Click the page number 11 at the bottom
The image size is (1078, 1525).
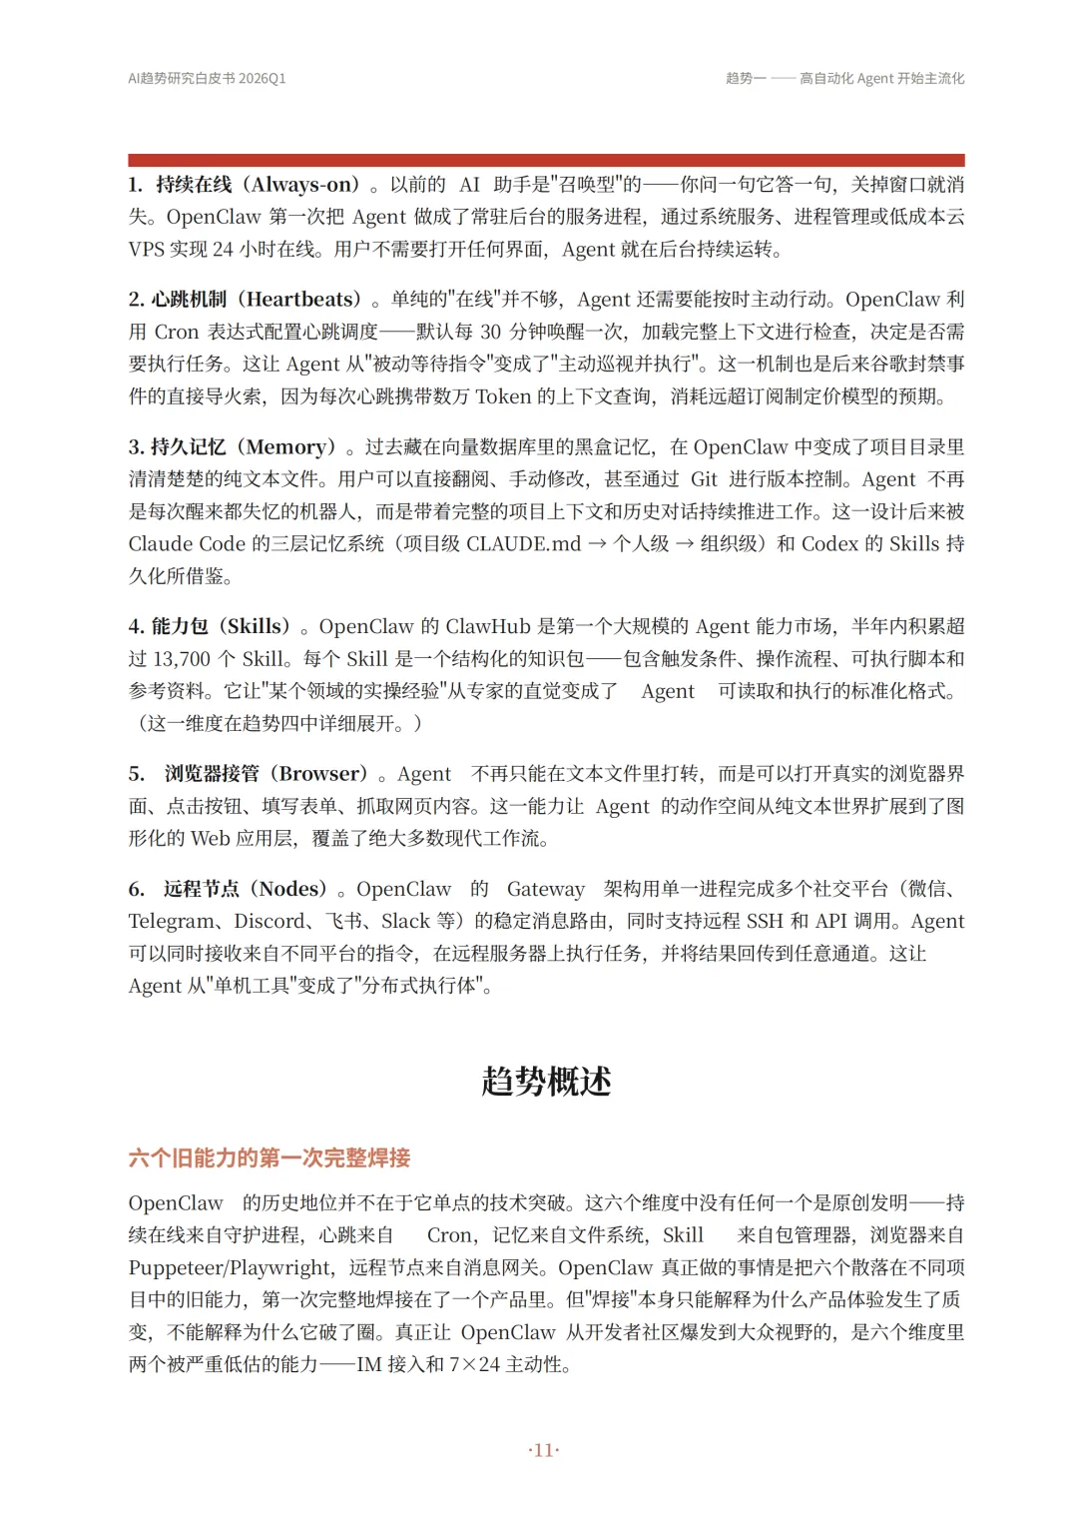click(x=544, y=1450)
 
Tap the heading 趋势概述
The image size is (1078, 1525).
click(x=546, y=1081)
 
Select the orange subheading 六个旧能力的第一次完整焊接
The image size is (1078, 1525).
click(x=269, y=1157)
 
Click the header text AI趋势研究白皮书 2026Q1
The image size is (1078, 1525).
click(x=207, y=78)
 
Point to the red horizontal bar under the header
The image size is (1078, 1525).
click(x=546, y=160)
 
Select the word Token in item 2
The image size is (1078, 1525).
click(x=503, y=396)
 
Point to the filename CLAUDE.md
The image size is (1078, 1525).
click(x=523, y=544)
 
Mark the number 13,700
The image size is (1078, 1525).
click(x=182, y=659)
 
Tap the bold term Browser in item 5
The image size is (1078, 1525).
click(x=317, y=774)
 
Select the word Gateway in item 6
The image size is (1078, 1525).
click(x=546, y=889)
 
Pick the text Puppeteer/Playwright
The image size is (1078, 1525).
click(x=231, y=1268)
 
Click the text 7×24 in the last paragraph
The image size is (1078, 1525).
click(x=474, y=1365)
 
